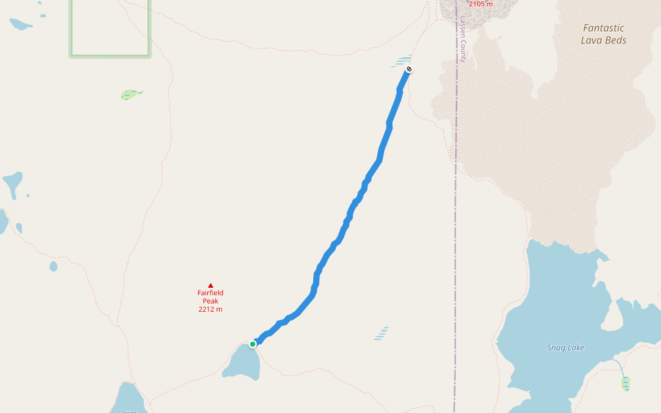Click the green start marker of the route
click(x=253, y=343)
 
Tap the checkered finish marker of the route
click(x=409, y=69)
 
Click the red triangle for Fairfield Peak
click(x=210, y=286)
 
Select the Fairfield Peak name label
click(x=210, y=297)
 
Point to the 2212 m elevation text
click(x=210, y=309)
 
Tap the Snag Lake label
click(x=565, y=348)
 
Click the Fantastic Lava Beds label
click(x=603, y=34)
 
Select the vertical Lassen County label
click(x=463, y=40)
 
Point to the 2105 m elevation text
click(x=480, y=4)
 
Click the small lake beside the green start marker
click(x=242, y=363)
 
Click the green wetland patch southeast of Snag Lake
click(x=625, y=383)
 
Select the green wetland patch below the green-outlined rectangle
click(x=131, y=94)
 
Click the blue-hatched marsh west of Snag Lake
click(x=381, y=333)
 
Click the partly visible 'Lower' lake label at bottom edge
click(x=128, y=411)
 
